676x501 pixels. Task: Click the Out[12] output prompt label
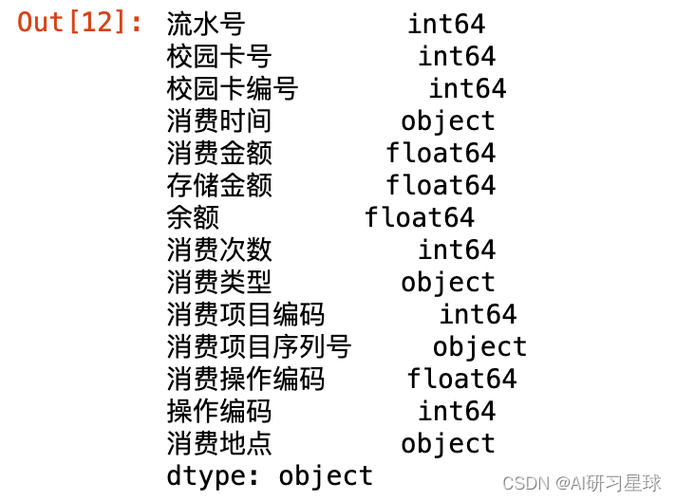coord(80,23)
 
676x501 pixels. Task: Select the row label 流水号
coord(206,24)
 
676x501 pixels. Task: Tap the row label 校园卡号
coord(219,56)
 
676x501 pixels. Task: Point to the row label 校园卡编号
coord(233,88)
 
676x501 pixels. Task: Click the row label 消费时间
coord(219,121)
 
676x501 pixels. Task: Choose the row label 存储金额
coord(219,185)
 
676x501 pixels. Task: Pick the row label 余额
coord(193,217)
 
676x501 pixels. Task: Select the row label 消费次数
coord(219,250)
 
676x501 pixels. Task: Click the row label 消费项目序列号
coord(259,346)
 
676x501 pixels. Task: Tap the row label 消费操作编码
coord(246,379)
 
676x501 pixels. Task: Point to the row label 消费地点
coord(219,443)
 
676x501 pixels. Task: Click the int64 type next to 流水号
coord(446,24)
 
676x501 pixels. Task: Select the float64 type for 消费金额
coord(441,153)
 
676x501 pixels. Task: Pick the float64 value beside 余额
coord(419,217)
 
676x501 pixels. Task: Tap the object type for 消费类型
coord(447,282)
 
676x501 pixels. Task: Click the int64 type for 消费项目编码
coord(478,314)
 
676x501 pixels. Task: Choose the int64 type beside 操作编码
coord(457,411)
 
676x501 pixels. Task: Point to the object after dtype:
coord(326,475)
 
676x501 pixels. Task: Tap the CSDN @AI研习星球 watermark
coord(581,483)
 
